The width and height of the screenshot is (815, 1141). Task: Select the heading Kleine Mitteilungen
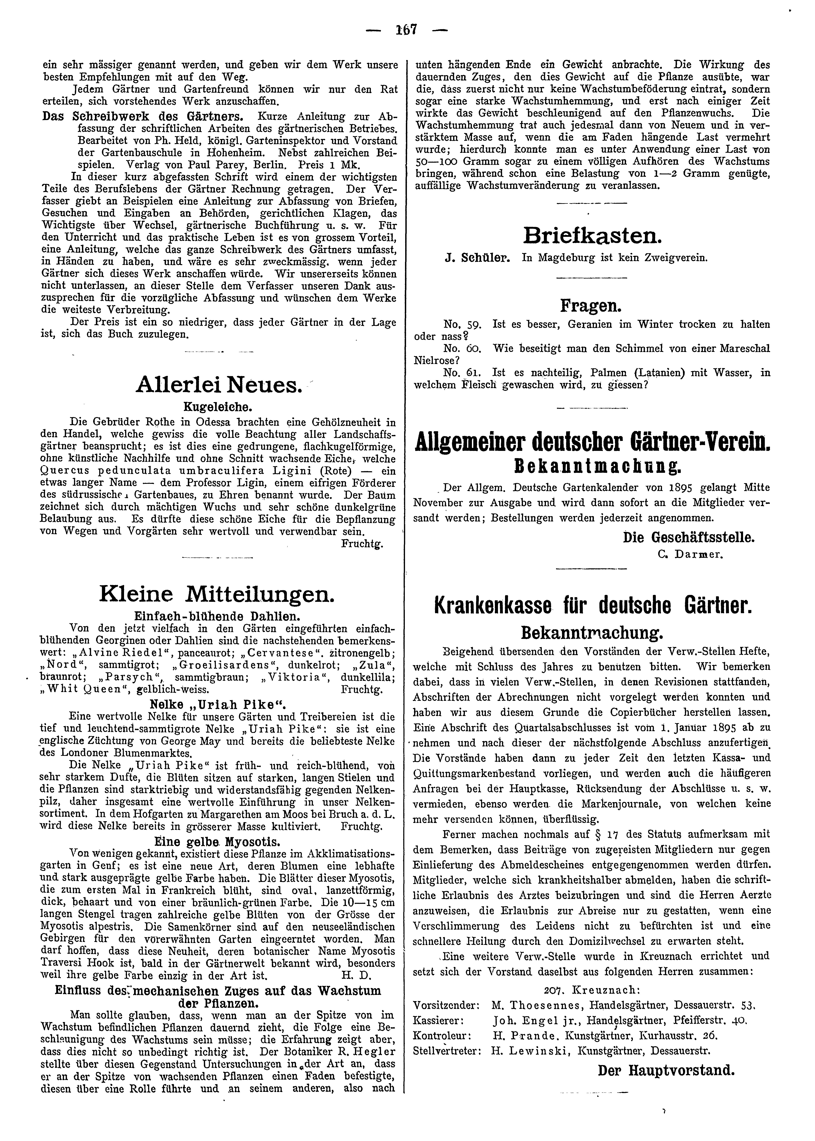click(217, 595)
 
